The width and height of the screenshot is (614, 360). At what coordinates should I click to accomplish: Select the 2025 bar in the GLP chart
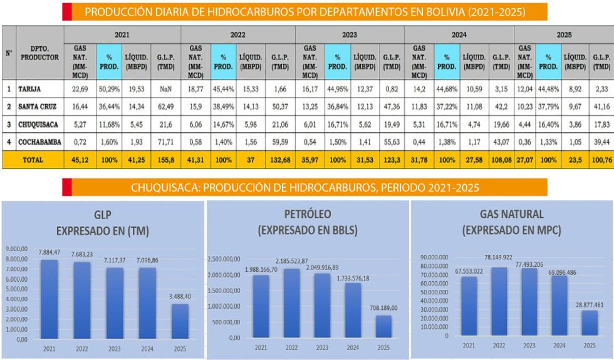180,321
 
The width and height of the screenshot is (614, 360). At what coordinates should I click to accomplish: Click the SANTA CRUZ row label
39,107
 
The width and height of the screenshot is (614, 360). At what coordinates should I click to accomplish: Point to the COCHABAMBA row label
39,142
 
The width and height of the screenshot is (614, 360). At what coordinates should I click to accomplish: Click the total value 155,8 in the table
165,160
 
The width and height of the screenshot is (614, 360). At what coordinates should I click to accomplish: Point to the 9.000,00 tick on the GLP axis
17,249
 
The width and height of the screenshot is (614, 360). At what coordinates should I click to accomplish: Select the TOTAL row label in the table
33,160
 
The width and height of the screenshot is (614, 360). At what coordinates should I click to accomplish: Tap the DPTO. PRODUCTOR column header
39,53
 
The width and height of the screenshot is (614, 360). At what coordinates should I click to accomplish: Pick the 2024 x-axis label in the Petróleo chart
353,347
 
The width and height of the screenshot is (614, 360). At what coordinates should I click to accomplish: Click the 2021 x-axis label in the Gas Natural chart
469,345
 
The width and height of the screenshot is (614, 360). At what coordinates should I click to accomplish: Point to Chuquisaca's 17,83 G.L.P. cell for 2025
601,125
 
